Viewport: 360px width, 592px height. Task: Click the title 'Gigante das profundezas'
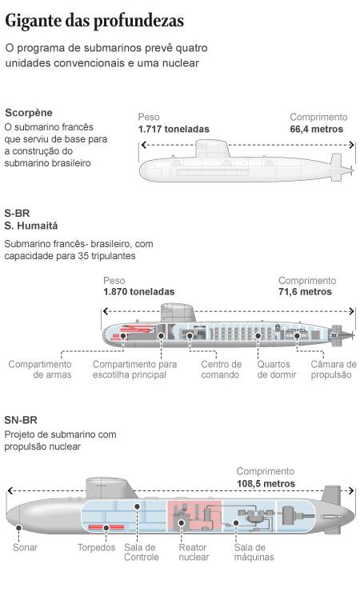[94, 21]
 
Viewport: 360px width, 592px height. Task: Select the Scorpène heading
[29, 113]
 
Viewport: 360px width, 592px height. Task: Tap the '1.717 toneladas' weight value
[174, 129]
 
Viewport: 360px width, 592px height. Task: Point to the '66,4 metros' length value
[316, 129]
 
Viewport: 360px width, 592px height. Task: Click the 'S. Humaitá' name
[31, 226]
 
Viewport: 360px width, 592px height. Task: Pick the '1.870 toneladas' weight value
[139, 291]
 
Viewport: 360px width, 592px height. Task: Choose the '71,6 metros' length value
[305, 291]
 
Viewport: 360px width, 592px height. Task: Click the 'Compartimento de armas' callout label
[40, 370]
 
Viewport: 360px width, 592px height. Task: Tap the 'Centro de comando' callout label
[221, 370]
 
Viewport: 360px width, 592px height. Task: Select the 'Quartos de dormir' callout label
[276, 370]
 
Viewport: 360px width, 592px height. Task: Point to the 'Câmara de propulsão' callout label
[334, 370]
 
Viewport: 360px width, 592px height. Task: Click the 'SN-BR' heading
[21, 420]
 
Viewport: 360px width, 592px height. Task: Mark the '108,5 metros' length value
[266, 483]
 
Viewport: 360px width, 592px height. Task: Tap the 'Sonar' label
[25, 547]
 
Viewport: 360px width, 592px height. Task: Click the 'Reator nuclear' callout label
[194, 552]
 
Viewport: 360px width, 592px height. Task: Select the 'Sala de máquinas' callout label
[254, 552]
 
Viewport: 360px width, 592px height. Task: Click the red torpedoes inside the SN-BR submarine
[106, 527]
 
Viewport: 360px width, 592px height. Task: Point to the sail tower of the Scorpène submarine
[212, 149]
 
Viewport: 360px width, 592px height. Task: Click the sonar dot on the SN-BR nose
[18, 527]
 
